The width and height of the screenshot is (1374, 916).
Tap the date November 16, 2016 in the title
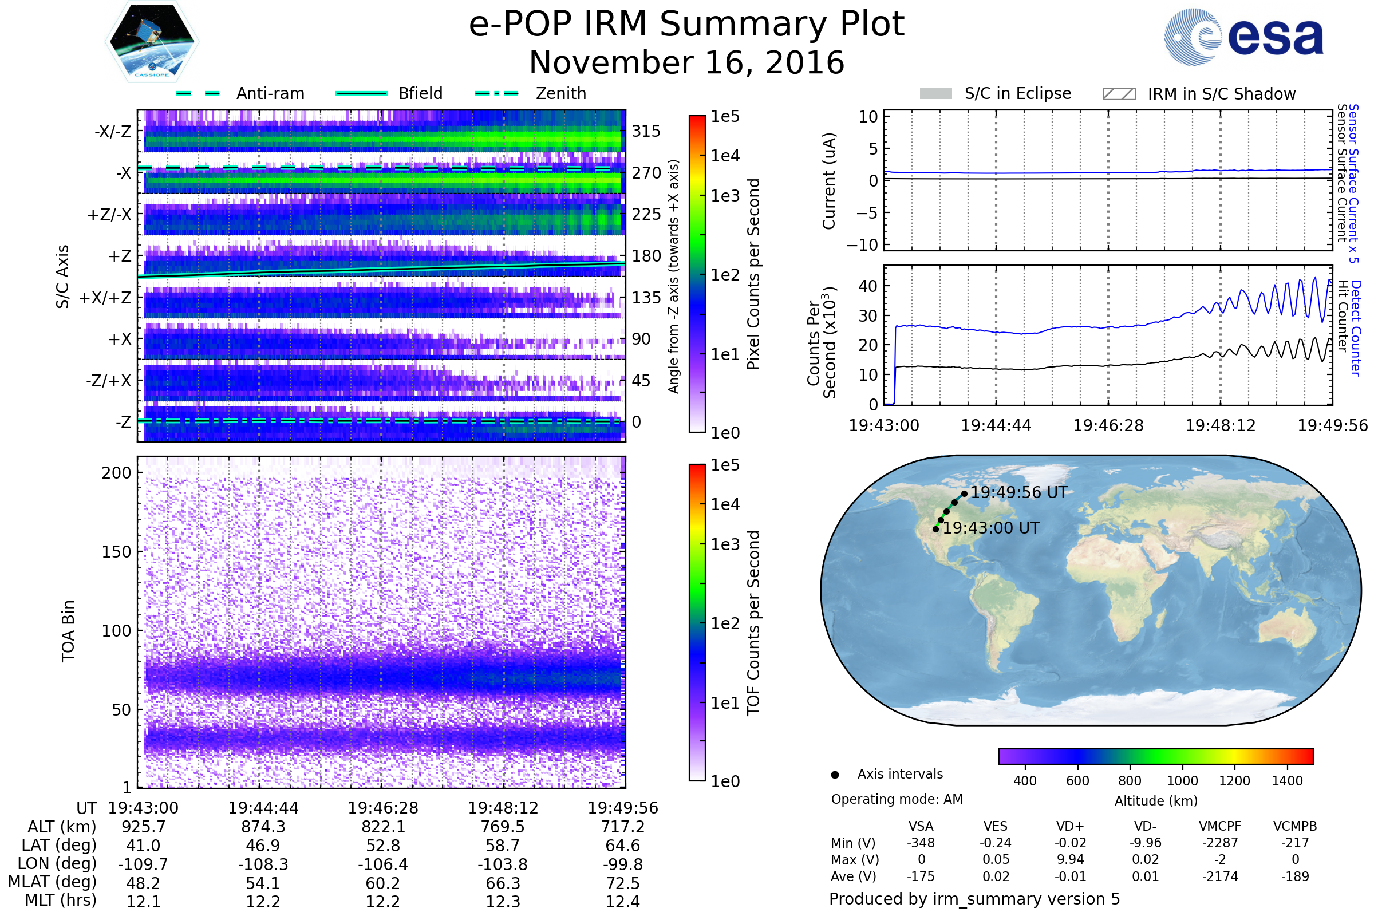[x=686, y=62]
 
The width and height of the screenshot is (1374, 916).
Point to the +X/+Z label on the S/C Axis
[x=105, y=298]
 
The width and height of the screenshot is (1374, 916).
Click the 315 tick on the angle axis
[x=646, y=131]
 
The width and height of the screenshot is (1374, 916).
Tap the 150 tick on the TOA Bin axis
[x=116, y=552]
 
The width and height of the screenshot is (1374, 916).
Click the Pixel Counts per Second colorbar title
[x=753, y=274]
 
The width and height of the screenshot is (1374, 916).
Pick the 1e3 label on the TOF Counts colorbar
[x=725, y=544]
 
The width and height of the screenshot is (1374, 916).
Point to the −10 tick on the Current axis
[x=862, y=245]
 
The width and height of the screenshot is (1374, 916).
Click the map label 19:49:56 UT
[x=1019, y=492]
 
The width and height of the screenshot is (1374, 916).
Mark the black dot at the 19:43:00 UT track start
[x=936, y=529]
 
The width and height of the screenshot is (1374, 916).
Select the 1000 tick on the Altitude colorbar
[x=1182, y=781]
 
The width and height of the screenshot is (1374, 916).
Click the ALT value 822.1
[x=382, y=827]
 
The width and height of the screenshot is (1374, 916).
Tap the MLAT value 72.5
[x=623, y=883]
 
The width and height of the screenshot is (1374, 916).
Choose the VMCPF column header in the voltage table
[x=1220, y=827]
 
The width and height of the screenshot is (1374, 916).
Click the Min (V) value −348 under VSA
[x=921, y=843]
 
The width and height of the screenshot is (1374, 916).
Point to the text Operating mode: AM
[x=897, y=799]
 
